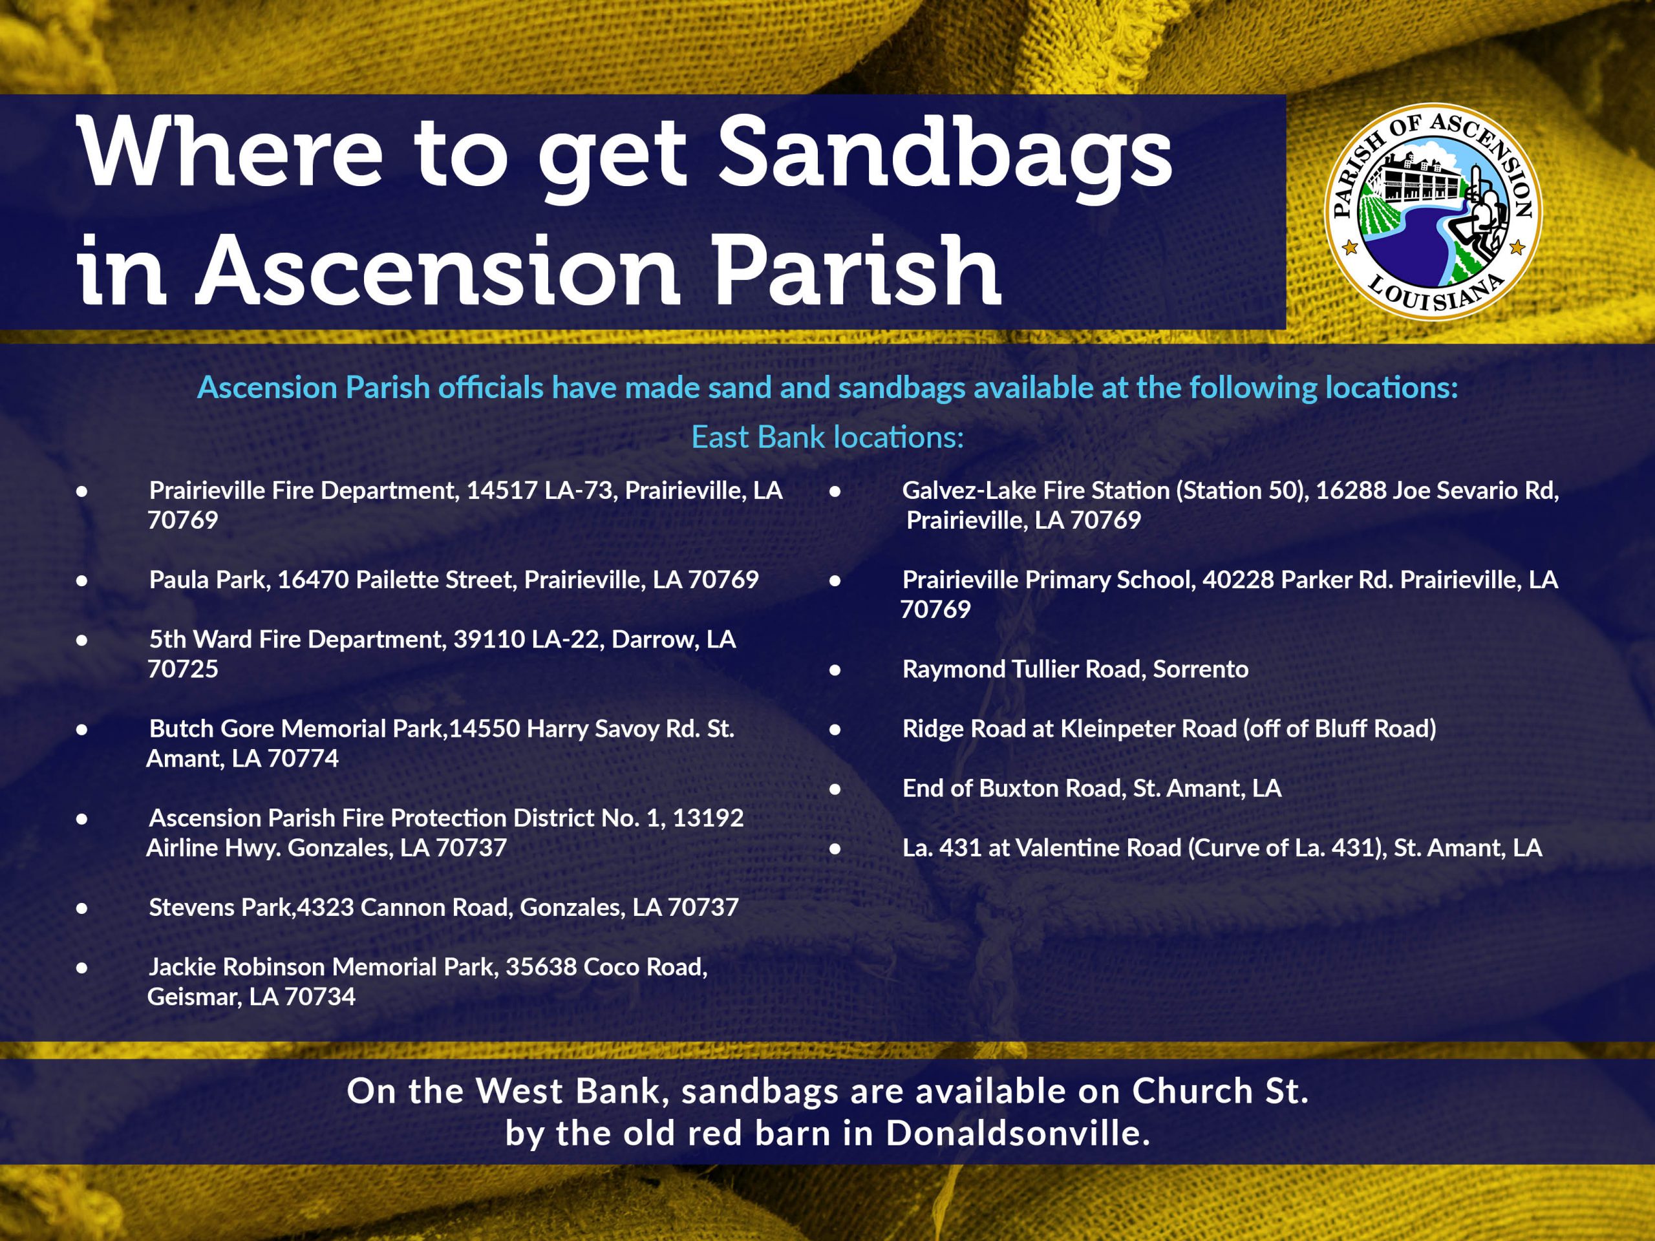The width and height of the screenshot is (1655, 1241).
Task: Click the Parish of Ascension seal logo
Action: tap(1433, 212)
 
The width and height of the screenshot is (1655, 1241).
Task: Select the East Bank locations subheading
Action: tap(827, 437)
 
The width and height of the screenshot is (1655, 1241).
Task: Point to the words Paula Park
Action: tap(209, 580)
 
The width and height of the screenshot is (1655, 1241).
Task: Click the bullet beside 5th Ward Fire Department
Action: tap(82, 641)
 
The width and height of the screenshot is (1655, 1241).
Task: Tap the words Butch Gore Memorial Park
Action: tap(296, 728)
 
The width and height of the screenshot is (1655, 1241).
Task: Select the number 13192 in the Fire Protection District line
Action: tap(708, 818)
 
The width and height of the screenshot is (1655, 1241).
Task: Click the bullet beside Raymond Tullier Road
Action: tap(835, 670)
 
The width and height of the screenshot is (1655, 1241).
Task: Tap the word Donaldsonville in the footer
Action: tap(1018, 1133)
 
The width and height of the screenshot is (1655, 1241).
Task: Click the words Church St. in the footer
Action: tap(1221, 1092)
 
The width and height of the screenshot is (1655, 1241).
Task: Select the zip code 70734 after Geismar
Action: tap(320, 997)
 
